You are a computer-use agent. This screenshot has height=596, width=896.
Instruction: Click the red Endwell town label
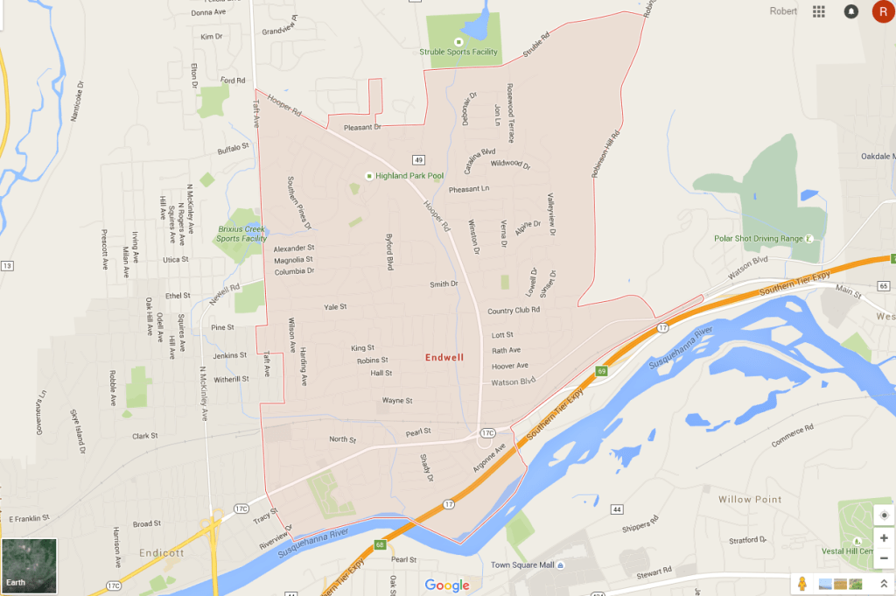coord(444,357)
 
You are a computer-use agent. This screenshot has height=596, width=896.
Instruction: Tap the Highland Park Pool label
coord(409,176)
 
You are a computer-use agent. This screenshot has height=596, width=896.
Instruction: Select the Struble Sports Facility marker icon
coord(458,41)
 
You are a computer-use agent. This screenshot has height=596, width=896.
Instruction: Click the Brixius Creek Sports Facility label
coord(241,234)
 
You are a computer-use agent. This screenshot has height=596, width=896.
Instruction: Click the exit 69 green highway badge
coord(602,371)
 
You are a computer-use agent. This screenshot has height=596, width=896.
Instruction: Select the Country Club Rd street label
coord(514,311)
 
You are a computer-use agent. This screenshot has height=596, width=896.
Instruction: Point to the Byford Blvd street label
coord(390,252)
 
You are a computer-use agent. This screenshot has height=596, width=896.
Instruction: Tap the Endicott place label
coord(162,553)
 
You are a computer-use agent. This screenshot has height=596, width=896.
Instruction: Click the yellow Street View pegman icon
coord(801,584)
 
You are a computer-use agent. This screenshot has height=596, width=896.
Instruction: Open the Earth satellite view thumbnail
coord(30,565)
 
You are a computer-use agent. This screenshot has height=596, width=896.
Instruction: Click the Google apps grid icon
coord(819,11)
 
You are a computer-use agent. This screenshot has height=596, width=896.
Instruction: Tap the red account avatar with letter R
coord(882,11)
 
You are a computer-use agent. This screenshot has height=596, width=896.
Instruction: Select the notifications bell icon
coord(850,11)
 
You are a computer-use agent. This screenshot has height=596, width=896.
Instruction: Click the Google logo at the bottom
coord(447,585)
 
